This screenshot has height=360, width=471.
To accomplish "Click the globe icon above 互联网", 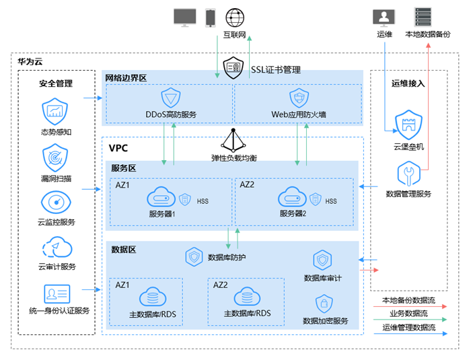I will click(234, 16).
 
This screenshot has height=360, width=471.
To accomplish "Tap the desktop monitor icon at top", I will click(184, 17).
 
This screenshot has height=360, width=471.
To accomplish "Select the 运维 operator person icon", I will click(384, 17).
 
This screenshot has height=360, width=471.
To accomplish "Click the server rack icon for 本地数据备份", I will click(423, 17).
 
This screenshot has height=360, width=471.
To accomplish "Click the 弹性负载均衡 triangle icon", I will click(233, 140).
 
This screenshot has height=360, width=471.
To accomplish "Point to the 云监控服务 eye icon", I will click(55, 203).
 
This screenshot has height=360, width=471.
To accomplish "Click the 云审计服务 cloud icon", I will click(57, 248).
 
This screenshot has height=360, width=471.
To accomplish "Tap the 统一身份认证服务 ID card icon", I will click(57, 294).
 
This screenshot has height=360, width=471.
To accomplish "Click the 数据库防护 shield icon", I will click(194, 256).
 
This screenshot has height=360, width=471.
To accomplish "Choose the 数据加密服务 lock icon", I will click(324, 303).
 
